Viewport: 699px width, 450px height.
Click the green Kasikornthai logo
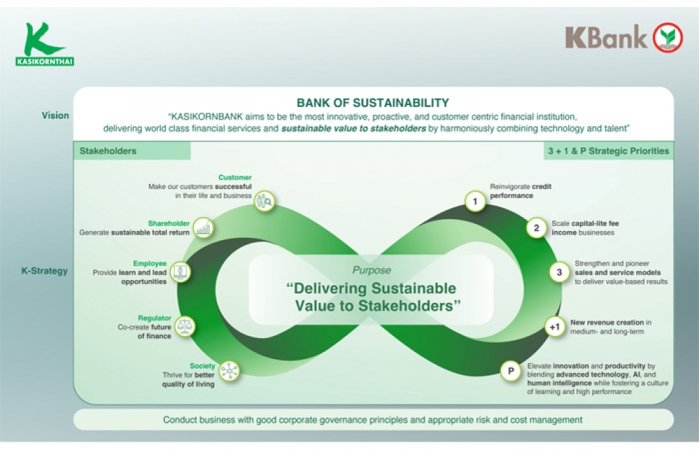coord(45,44)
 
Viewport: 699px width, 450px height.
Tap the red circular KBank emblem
coord(668,37)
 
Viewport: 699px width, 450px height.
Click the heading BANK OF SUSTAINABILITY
coord(373,103)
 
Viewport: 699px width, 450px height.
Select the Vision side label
coord(55,115)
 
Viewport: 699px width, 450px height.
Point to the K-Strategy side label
coord(45,271)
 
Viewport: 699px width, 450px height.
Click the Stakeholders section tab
coord(108,151)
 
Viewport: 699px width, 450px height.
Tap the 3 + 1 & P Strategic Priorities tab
coord(609,151)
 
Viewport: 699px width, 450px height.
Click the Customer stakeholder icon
coord(264,202)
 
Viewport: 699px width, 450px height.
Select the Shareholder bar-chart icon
coord(203,227)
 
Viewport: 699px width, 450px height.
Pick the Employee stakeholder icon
coord(180,272)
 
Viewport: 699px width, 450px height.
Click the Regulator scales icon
coord(185,326)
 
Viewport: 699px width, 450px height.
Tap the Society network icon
coord(229,370)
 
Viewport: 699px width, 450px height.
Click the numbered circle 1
coord(475,202)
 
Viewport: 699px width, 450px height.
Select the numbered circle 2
coord(536,228)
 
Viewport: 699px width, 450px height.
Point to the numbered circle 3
coord(559,272)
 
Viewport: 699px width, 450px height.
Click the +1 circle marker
coord(554,327)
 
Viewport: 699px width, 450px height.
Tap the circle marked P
coord(511,370)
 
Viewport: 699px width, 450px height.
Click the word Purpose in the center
coord(372,270)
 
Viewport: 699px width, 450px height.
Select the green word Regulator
coord(154,318)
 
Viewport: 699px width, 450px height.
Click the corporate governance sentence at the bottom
coord(373,420)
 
